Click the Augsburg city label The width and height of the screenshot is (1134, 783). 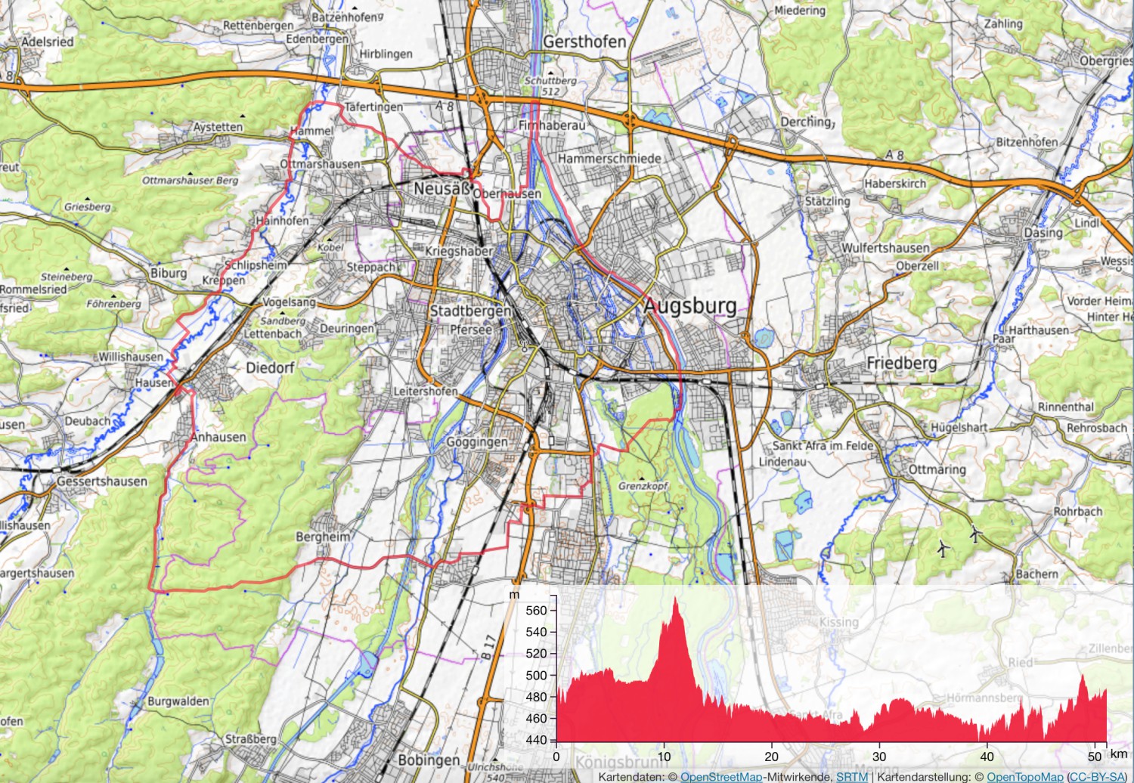click(689, 306)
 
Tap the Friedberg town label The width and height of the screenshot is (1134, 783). click(901, 364)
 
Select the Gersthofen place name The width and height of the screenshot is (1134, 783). click(584, 42)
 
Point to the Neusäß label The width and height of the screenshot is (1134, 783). click(442, 188)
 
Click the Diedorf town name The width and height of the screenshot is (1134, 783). click(270, 368)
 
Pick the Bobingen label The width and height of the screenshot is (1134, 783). click(429, 760)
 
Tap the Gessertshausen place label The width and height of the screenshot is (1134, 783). click(102, 481)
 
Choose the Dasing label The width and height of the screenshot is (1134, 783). click(1043, 233)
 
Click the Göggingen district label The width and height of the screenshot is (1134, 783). click(477, 442)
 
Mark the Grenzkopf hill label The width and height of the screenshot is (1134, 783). click(643, 486)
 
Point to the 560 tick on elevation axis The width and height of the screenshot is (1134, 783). click(535, 611)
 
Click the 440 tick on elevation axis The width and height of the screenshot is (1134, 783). click(535, 740)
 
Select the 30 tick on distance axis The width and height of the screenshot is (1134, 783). click(879, 757)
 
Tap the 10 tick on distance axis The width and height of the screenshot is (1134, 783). click(664, 757)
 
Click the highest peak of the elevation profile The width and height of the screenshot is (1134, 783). click(675, 598)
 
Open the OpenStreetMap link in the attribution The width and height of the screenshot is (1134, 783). click(720, 777)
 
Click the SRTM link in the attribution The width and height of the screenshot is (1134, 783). click(851, 777)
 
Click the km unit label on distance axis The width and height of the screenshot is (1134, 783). click(1119, 754)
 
